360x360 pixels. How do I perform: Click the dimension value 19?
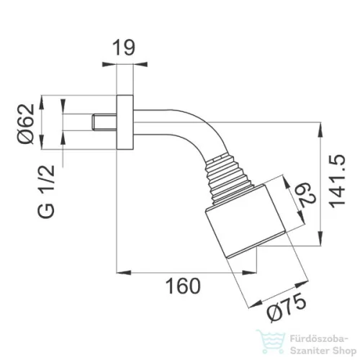point(124,48)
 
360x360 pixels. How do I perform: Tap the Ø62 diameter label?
point(26,124)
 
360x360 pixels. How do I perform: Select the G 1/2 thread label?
point(46,192)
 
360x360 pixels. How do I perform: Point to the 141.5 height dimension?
point(336,181)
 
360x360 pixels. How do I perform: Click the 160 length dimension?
point(183,286)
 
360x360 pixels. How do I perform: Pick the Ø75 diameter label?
point(287,308)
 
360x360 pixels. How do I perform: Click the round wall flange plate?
point(125,122)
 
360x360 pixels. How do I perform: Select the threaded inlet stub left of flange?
point(104,122)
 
